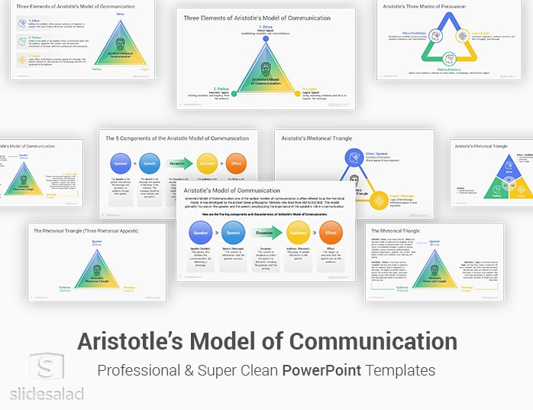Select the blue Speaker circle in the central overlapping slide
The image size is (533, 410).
point(201,232)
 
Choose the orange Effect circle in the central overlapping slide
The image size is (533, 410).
point(331,232)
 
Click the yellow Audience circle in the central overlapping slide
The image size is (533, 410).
point(299,232)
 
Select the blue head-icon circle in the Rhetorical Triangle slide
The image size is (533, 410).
point(355,158)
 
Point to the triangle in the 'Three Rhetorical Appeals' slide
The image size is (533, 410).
point(97,268)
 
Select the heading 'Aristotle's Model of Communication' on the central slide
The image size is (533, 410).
point(226,190)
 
